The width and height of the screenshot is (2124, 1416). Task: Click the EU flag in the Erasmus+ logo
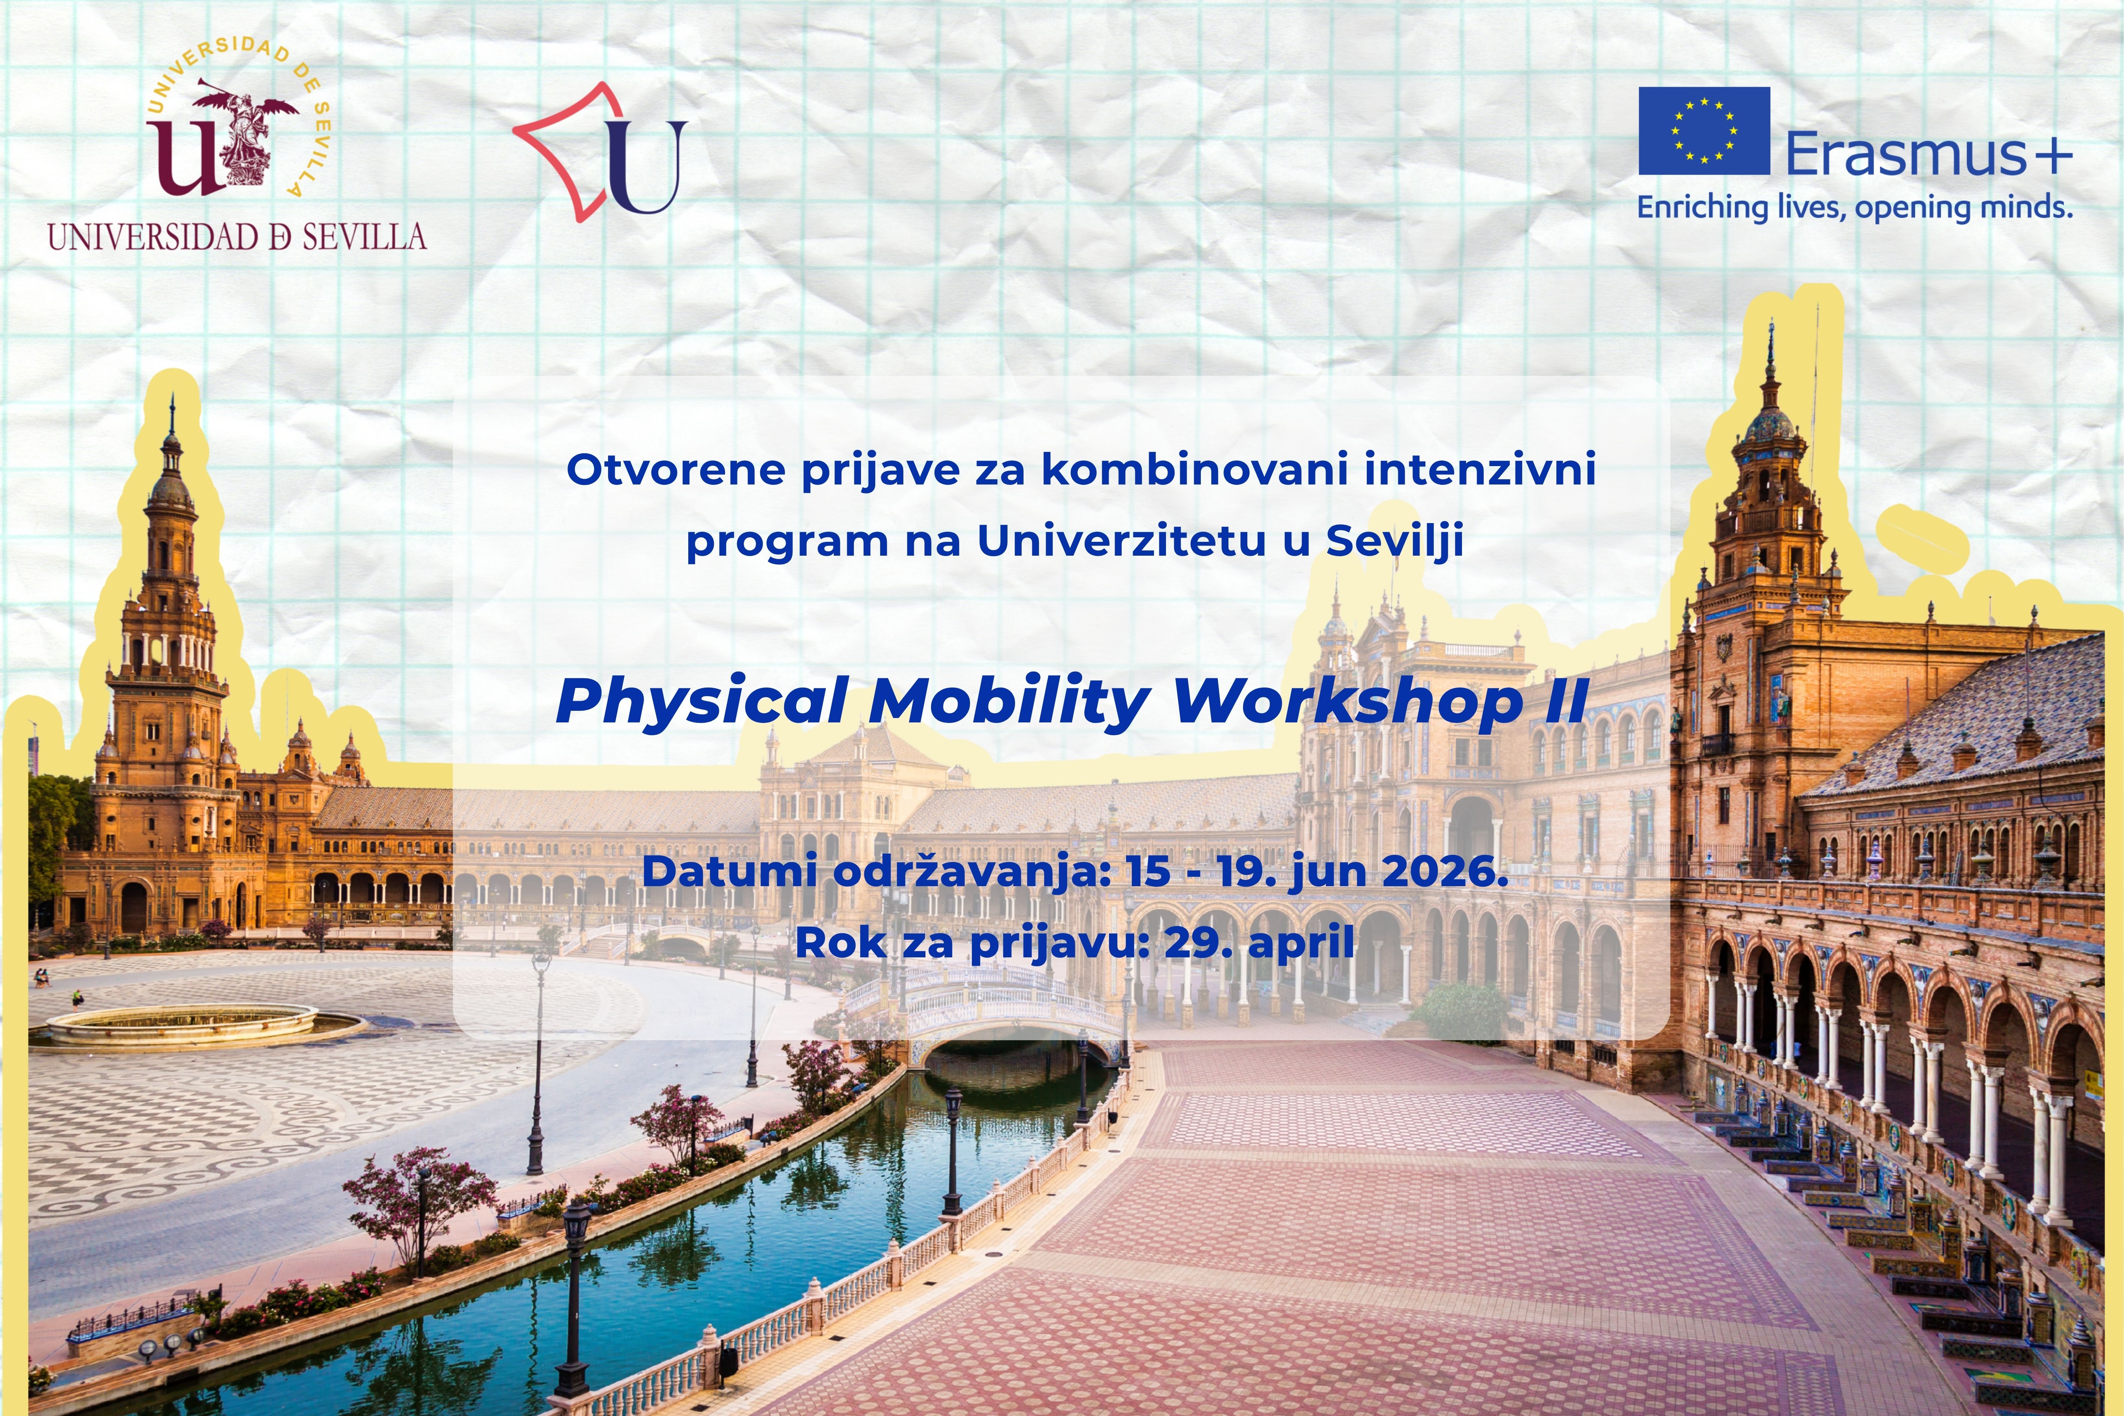pyautogui.click(x=1704, y=131)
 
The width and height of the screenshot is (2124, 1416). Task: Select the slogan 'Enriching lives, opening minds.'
pyautogui.click(x=1855, y=208)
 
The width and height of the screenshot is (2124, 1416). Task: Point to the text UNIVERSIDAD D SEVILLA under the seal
pyautogui.click(x=236, y=238)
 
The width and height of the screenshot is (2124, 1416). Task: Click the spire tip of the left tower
pyautogui.click(x=172, y=397)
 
